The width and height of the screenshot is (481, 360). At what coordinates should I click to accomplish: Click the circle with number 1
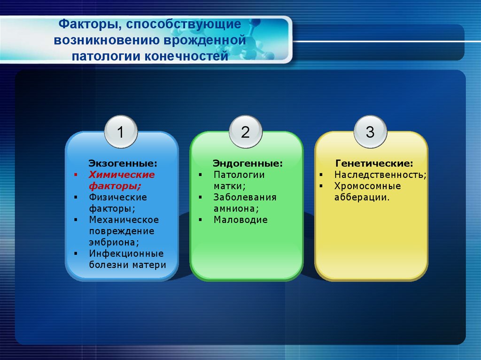(120, 132)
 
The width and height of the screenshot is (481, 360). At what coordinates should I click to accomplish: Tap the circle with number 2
(245, 132)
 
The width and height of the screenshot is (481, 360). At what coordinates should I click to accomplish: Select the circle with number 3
(370, 132)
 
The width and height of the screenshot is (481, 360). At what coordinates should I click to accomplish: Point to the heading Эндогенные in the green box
(248, 164)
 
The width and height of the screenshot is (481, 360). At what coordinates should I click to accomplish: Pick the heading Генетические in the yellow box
(374, 164)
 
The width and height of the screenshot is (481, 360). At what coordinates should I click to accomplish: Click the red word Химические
(122, 175)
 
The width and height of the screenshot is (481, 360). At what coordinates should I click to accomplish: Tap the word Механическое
(124, 220)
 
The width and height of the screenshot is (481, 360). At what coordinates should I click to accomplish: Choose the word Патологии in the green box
(239, 175)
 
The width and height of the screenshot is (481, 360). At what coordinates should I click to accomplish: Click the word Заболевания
(245, 197)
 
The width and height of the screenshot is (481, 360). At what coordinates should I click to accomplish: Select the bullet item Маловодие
(240, 220)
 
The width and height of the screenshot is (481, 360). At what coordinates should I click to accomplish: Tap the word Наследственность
(380, 175)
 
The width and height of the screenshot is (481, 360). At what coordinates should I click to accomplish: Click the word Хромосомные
(367, 186)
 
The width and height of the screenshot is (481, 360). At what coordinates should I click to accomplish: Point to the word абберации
(362, 197)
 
